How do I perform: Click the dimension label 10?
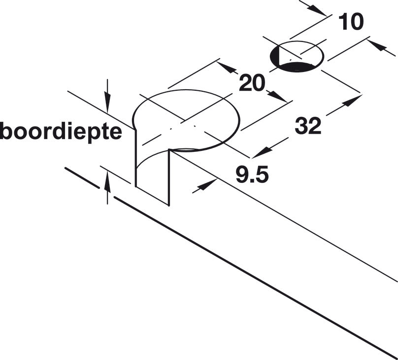pyautogui.click(x=351, y=22)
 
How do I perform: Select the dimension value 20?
pyautogui.click(x=252, y=83)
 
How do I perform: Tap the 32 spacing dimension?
pyautogui.click(x=308, y=125)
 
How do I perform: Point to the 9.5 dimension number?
pyautogui.click(x=252, y=175)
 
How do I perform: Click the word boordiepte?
pyautogui.click(x=61, y=132)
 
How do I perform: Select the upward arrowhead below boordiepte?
pyautogui.click(x=107, y=181)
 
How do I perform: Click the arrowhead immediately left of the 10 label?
pyautogui.click(x=317, y=10)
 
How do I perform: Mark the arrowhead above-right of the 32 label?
pyautogui.click(x=352, y=101)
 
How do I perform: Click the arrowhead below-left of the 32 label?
pyautogui.click(x=263, y=152)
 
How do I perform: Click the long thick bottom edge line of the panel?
pyautogui.click(x=256, y=277)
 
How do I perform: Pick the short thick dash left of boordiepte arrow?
pyautogui.click(x=82, y=178)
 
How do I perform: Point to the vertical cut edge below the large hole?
pyautogui.click(x=168, y=178)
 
